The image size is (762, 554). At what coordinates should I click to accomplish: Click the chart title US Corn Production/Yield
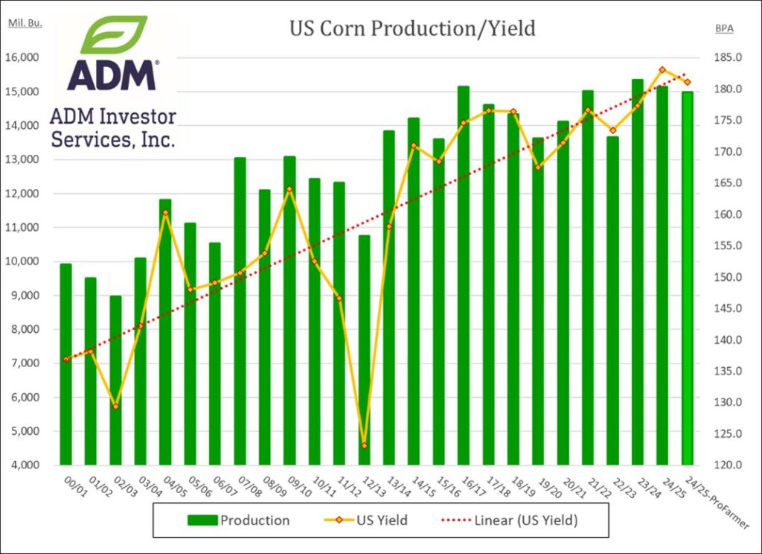[412, 29]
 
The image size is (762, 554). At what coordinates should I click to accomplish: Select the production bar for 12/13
[364, 350]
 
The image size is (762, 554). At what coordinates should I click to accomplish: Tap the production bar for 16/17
[464, 276]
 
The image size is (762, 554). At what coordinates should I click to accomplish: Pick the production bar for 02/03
[115, 380]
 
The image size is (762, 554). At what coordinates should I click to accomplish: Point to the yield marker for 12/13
[364, 445]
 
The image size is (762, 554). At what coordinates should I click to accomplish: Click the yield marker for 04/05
[165, 213]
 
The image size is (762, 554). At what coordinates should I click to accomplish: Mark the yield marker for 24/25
[662, 70]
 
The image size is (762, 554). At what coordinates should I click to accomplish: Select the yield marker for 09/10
[289, 189]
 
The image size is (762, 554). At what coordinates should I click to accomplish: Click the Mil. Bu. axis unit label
[25, 22]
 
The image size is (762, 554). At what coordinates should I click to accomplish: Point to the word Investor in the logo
[134, 116]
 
